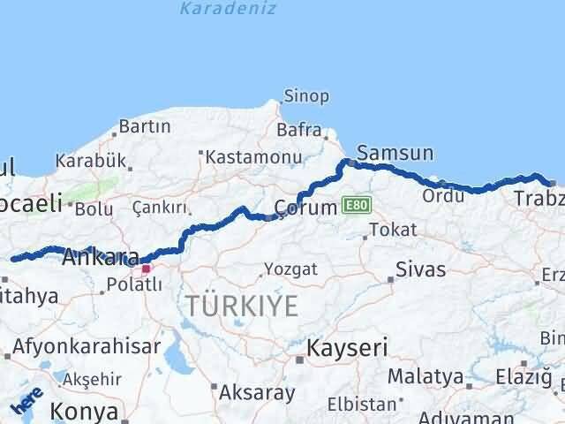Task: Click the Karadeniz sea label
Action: pyautogui.click(x=228, y=9)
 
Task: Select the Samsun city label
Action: pyautogui.click(x=398, y=154)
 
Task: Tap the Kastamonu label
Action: pyautogui.click(x=254, y=156)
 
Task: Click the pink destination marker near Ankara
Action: pyautogui.click(x=146, y=268)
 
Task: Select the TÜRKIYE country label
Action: pyautogui.click(x=242, y=307)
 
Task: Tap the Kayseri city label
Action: pyautogui.click(x=347, y=348)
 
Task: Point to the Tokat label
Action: pyautogui.click(x=393, y=230)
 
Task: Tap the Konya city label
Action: pyautogui.click(x=84, y=412)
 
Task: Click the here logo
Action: pyautogui.click(x=26, y=403)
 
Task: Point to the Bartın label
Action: pyautogui.click(x=144, y=127)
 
